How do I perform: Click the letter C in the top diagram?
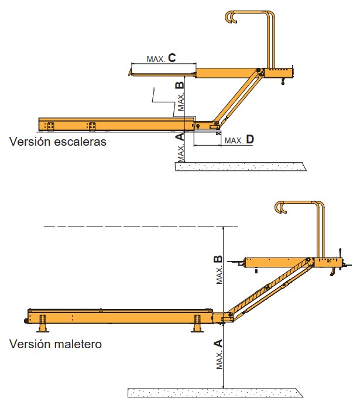(x=172, y=57)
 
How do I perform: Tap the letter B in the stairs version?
(x=180, y=85)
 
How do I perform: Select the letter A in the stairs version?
(x=180, y=137)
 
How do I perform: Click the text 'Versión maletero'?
(x=55, y=344)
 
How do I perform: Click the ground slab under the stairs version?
(x=241, y=167)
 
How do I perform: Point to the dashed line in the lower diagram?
(x=140, y=225)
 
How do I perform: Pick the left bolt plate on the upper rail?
(x=50, y=125)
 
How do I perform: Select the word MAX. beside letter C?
(x=156, y=59)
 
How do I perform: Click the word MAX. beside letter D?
(x=234, y=140)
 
